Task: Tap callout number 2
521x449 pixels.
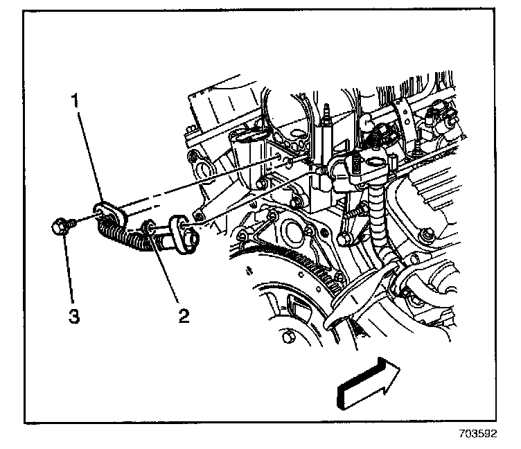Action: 183,317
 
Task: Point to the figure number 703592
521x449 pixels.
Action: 477,437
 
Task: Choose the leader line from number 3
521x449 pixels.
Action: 68,270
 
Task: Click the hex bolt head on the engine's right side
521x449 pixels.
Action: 429,233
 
